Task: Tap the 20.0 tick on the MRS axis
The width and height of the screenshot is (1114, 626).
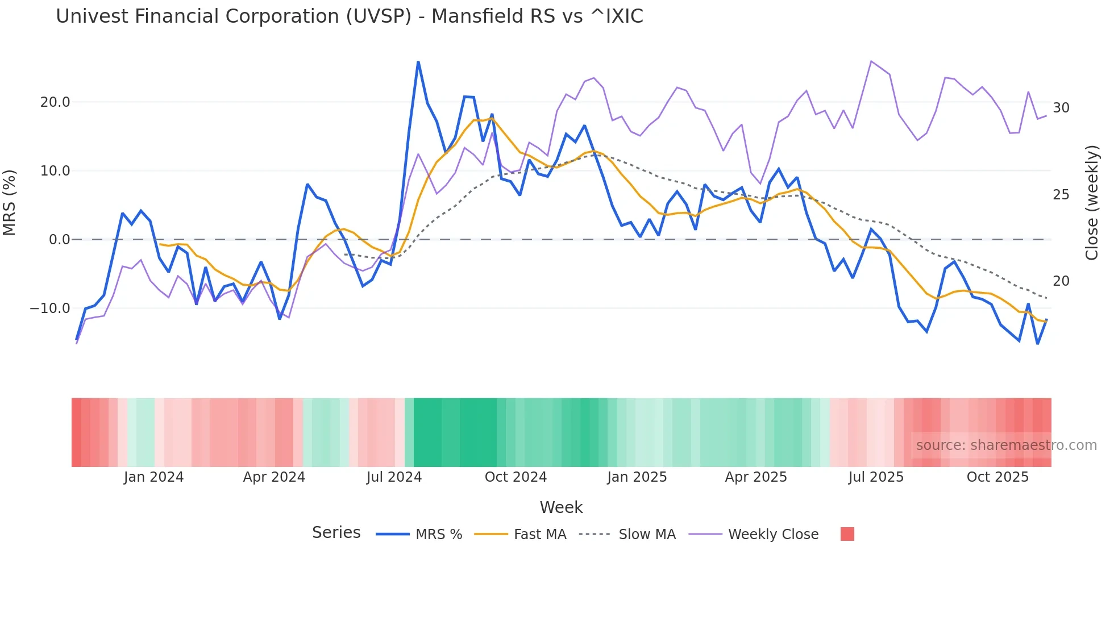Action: pyautogui.click(x=55, y=102)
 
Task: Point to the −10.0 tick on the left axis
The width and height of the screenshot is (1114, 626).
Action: pyautogui.click(x=50, y=308)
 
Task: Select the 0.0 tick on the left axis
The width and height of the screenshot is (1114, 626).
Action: pyautogui.click(x=59, y=240)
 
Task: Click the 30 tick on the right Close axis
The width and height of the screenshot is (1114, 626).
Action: pyautogui.click(x=1061, y=108)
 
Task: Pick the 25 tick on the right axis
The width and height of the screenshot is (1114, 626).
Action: pyautogui.click(x=1061, y=195)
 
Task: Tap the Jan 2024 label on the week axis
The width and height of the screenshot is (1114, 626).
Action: pyautogui.click(x=153, y=477)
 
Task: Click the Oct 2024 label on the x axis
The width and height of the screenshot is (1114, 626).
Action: pyautogui.click(x=516, y=477)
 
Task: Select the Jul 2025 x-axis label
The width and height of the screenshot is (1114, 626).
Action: pyautogui.click(x=876, y=477)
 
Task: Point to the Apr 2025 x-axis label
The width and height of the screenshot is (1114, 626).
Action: pyautogui.click(x=756, y=477)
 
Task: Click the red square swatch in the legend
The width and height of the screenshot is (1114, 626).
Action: pyautogui.click(x=847, y=534)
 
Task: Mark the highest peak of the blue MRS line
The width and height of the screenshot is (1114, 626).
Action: pyautogui.click(x=418, y=62)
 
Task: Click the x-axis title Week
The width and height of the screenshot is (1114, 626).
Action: pyautogui.click(x=561, y=507)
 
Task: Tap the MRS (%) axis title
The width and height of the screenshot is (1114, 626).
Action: pyautogui.click(x=10, y=203)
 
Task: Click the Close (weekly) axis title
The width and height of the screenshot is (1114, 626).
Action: pyautogui.click(x=1092, y=203)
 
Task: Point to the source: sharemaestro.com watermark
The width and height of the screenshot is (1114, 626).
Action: pyautogui.click(x=1006, y=445)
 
